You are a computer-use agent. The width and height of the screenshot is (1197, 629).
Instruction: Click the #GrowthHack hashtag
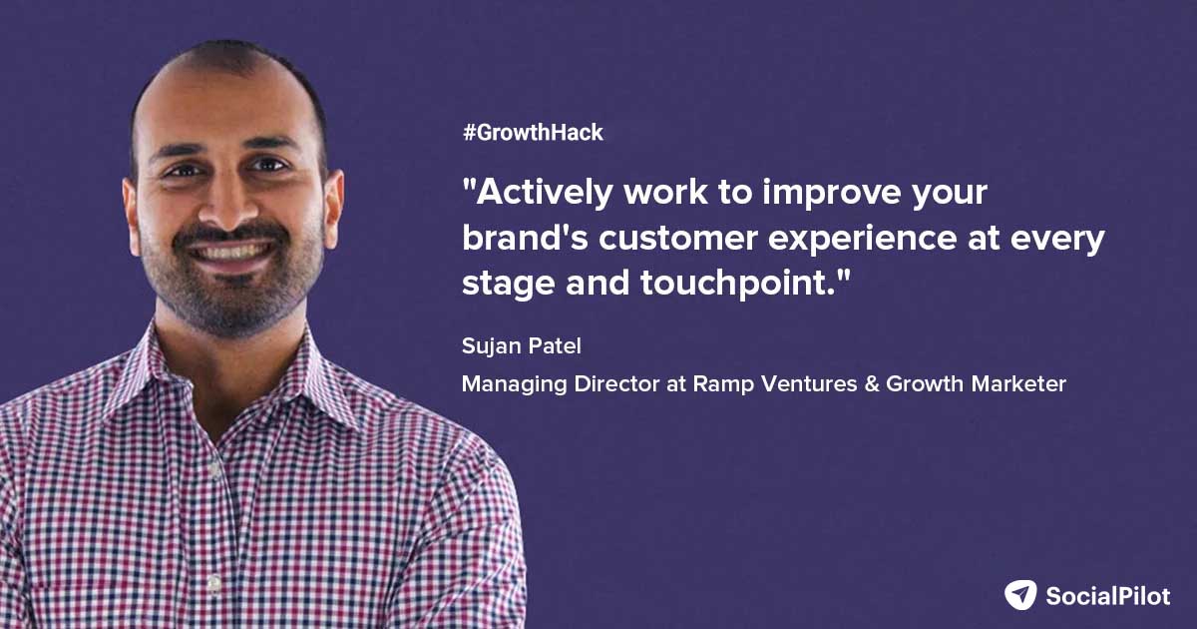(x=533, y=132)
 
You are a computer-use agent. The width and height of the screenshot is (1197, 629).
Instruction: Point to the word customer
(x=677, y=239)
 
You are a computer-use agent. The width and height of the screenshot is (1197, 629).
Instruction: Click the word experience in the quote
(x=862, y=240)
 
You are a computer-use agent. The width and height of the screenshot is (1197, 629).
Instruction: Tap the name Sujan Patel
(x=521, y=346)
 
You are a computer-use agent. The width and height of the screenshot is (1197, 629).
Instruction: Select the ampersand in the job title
(x=871, y=384)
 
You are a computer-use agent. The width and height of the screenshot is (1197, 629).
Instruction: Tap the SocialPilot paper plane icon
(x=1020, y=595)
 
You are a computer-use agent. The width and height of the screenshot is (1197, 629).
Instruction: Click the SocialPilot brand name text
(x=1108, y=596)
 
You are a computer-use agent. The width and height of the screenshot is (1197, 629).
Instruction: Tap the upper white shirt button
(x=214, y=469)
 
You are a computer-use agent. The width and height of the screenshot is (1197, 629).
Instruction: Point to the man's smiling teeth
(x=232, y=252)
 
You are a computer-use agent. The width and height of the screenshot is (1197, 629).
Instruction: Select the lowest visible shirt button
(x=213, y=582)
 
